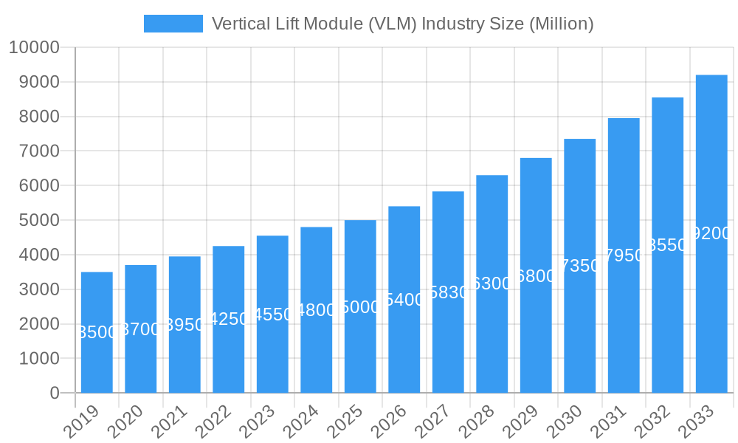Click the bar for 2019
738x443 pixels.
[97, 332]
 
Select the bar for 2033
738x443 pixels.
[711, 233]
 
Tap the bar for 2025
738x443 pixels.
[360, 306]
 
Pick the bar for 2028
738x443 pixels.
[492, 284]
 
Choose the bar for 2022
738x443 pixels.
[229, 319]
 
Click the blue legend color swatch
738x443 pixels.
[173, 24]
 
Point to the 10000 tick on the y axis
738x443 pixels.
[33, 48]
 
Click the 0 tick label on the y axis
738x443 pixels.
[55, 394]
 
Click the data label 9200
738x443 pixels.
[712, 233]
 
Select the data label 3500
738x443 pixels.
[97, 332]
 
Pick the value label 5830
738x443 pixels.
[449, 292]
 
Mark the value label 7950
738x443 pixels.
[624, 255]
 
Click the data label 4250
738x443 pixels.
[229, 319]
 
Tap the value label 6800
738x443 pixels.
[537, 276]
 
